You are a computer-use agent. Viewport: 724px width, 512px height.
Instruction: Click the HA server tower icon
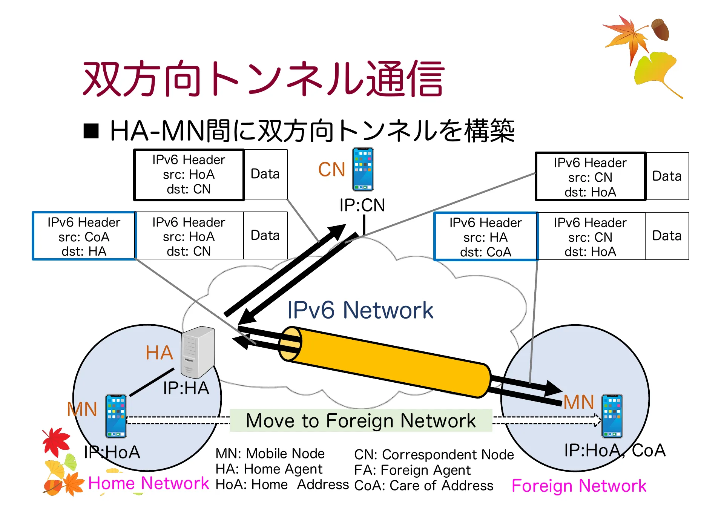click(x=198, y=352)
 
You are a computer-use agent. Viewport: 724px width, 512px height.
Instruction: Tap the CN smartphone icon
click(x=363, y=169)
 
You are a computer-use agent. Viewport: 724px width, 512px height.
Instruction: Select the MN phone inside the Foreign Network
click(x=612, y=416)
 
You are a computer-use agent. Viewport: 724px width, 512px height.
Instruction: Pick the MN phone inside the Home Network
click(x=116, y=416)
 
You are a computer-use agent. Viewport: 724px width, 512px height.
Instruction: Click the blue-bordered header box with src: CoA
click(x=84, y=236)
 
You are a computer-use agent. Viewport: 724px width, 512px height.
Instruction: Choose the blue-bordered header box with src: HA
click(x=485, y=237)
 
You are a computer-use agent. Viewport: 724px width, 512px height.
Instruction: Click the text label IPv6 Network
click(x=360, y=310)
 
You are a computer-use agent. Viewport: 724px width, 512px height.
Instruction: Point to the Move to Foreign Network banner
click(x=360, y=420)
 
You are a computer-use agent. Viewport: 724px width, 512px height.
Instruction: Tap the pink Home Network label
click(x=148, y=483)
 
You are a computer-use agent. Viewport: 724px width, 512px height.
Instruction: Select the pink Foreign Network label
click(x=579, y=486)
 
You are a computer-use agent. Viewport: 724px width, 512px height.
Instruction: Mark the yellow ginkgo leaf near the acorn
click(x=654, y=70)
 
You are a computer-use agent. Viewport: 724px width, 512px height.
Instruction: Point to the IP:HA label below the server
click(x=186, y=388)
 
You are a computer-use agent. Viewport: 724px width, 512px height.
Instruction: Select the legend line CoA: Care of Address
click(x=423, y=486)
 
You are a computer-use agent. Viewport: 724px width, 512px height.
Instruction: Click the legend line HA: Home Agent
click(x=269, y=469)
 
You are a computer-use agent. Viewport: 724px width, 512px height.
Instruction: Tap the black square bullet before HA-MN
click(x=91, y=131)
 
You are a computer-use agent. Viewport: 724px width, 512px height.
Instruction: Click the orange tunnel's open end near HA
click(x=290, y=344)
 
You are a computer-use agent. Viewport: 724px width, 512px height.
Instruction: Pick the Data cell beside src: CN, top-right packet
click(x=667, y=176)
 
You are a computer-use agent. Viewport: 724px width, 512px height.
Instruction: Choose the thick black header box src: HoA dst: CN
click(x=189, y=175)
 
